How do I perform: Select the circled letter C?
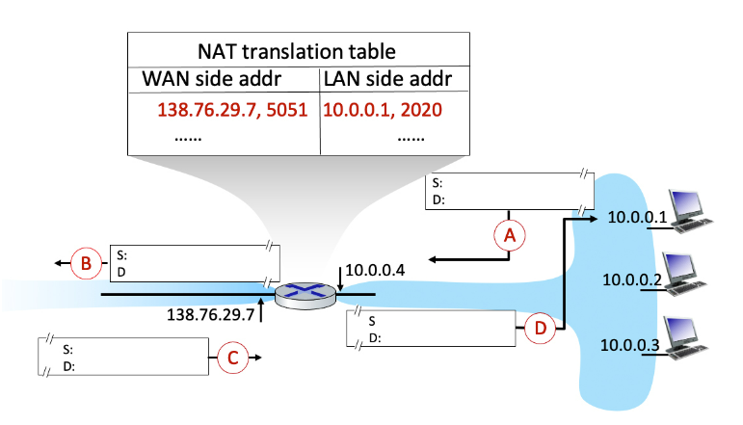(x=231, y=359)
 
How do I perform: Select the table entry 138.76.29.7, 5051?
(x=232, y=109)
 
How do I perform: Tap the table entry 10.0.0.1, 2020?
(x=383, y=109)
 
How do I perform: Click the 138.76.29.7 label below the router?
(x=210, y=314)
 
